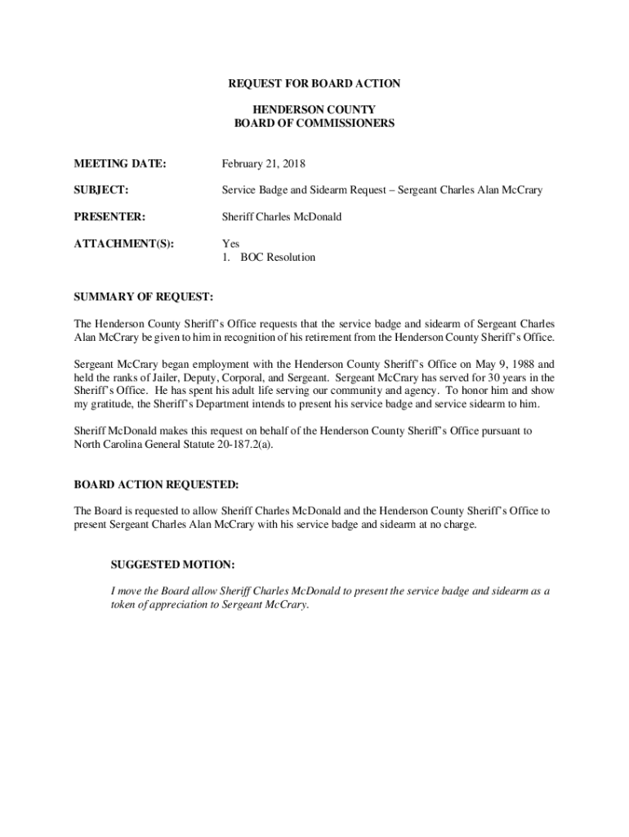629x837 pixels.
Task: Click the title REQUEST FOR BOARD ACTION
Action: pos(314,84)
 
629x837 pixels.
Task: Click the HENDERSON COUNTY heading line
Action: pos(314,110)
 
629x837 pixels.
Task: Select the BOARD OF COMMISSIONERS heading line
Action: pos(314,123)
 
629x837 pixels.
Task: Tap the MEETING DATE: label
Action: pos(119,164)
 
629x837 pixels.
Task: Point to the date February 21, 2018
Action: pos(264,164)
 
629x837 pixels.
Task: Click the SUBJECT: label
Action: pos(101,190)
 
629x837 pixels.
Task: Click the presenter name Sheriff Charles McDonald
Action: pos(282,217)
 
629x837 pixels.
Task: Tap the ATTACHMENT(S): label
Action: pos(125,244)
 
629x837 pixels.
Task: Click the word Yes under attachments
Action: pos(230,244)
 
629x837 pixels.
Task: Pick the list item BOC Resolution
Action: pos(277,257)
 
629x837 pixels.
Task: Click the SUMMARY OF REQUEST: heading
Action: pos(143,295)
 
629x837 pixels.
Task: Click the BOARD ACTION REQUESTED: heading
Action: pos(156,484)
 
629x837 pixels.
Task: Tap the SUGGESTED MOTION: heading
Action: pos(172,565)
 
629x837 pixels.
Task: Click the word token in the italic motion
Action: pos(123,605)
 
